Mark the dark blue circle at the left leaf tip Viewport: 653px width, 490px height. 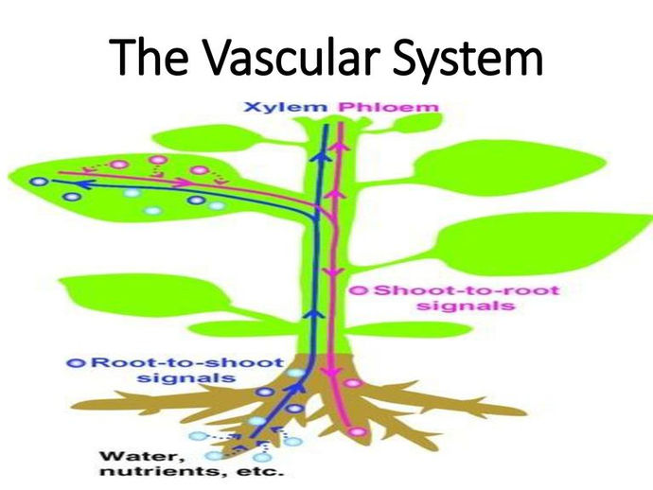coord(38,180)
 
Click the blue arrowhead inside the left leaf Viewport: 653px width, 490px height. coord(81,184)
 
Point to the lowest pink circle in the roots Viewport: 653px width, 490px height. coord(356,431)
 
